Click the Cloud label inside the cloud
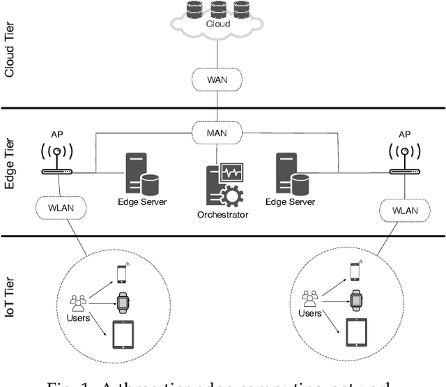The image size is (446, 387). pos(217,24)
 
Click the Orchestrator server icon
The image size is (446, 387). pos(222,185)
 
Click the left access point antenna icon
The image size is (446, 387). pos(57,158)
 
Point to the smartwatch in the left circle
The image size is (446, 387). pos(123,301)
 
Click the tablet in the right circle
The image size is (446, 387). pos(356,333)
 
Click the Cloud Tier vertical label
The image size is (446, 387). pos(10,54)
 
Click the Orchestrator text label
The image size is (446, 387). pos(222,215)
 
